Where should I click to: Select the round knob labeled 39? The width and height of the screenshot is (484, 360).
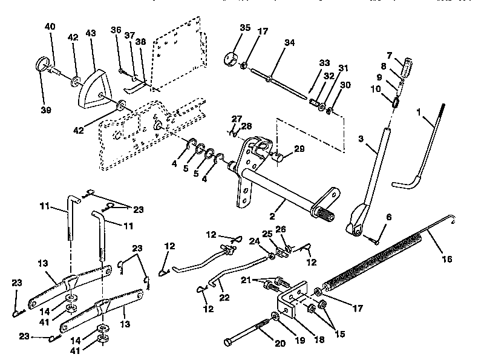43,64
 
